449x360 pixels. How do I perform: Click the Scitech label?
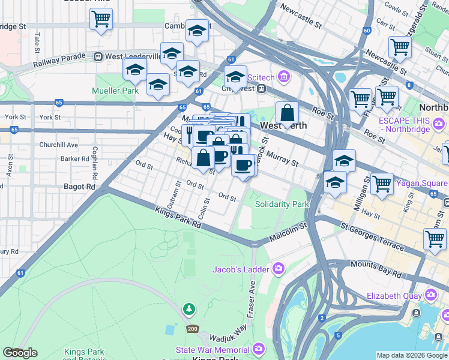click(261, 77)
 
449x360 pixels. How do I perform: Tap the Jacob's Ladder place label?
click(240, 269)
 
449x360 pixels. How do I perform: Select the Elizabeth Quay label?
click(396, 295)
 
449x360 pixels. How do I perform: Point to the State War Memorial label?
click(213, 350)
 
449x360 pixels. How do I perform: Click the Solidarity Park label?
click(282, 204)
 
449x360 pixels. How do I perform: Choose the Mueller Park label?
click(115, 91)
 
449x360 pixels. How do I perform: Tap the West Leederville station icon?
click(98, 56)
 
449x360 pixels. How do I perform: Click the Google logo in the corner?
click(20, 353)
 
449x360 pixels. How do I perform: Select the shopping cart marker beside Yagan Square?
click(382, 184)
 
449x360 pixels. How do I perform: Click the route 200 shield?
click(192, 329)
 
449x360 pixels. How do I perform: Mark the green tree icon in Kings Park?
click(190, 309)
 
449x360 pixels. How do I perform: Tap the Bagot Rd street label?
click(80, 187)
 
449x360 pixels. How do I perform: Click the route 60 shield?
click(367, 31)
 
